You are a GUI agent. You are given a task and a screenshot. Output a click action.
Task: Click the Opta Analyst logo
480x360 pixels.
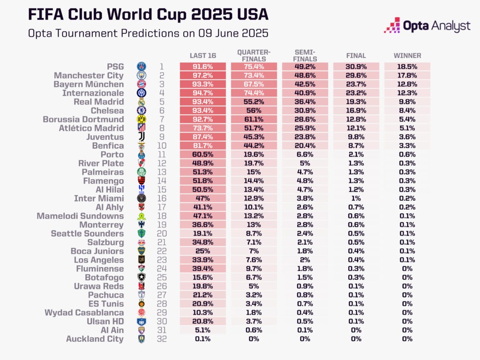pos(427,25)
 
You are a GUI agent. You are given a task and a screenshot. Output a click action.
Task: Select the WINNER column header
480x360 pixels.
pos(407,55)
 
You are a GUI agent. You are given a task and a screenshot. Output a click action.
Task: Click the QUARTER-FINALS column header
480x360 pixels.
pos(254,55)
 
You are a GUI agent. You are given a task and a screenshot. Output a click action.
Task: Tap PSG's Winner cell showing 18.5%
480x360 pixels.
pos(407,67)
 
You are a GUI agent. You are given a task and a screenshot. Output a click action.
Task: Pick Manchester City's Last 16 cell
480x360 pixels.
pos(202,75)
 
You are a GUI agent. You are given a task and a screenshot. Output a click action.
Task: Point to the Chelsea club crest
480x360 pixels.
pos(141,111)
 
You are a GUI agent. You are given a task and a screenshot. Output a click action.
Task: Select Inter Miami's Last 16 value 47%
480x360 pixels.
pos(202,198)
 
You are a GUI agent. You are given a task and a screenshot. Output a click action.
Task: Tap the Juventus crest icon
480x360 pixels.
pos(141,137)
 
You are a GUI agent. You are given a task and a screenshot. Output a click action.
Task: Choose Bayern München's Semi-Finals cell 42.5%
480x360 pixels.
pos(305,84)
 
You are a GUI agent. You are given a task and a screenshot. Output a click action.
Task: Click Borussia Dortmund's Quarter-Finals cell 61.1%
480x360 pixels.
pos(254,120)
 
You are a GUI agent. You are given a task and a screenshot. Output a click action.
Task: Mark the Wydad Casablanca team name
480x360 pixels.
pos(84,313)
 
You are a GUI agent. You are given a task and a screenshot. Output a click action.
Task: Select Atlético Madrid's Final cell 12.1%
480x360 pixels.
pos(356,128)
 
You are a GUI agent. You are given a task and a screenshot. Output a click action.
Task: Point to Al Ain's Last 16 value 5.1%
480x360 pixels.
pos(202,330)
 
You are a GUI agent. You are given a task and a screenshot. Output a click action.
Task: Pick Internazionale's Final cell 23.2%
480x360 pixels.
pos(356,93)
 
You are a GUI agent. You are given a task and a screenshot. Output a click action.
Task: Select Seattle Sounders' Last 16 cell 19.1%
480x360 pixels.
pos(202,233)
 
